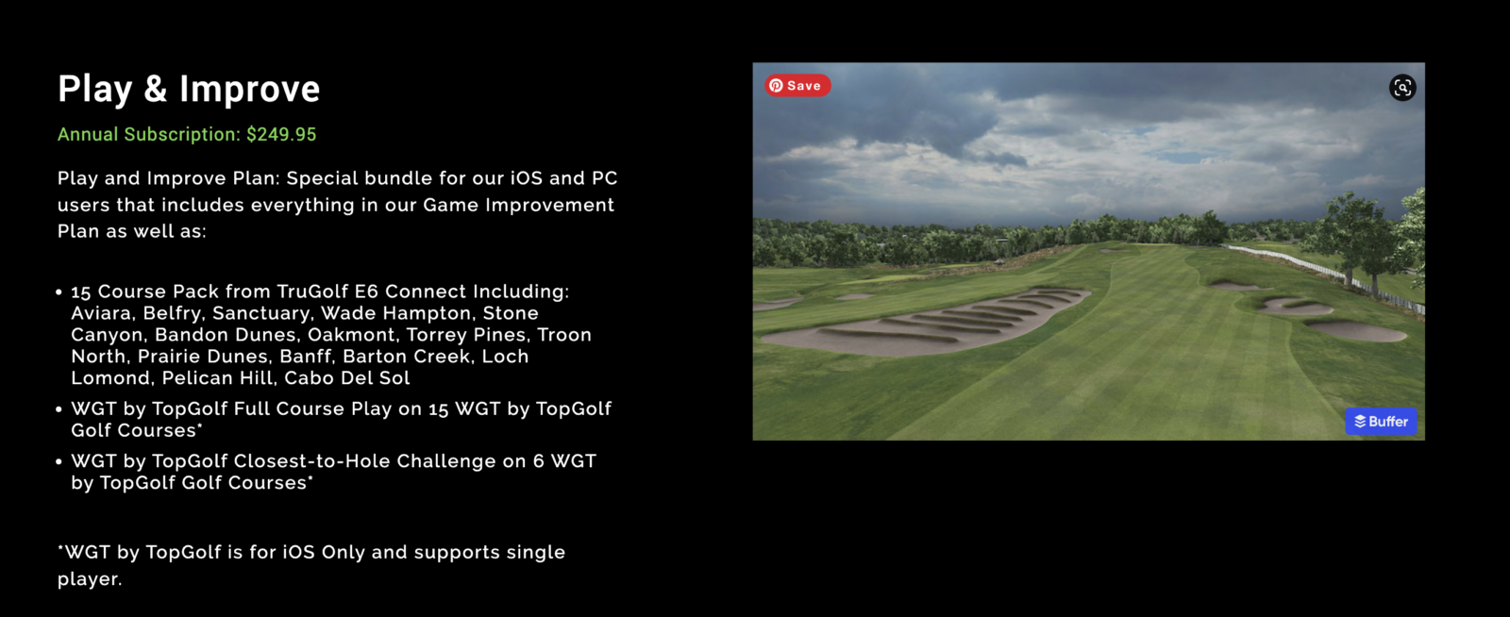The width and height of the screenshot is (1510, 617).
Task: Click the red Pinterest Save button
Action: tap(797, 86)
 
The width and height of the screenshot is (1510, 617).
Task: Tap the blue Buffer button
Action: tap(1381, 422)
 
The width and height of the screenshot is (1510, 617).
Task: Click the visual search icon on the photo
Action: tap(1402, 88)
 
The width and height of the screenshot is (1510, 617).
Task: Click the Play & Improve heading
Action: tap(189, 89)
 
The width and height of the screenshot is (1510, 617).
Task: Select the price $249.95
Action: tap(281, 135)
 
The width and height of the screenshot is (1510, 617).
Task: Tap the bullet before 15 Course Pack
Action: tap(59, 292)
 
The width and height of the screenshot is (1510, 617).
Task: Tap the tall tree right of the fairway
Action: tap(1359, 236)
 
